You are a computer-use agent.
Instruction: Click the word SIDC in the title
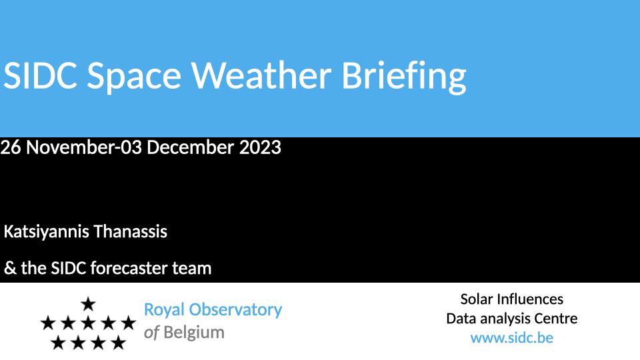click(x=40, y=75)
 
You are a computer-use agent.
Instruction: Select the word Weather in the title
click(x=261, y=75)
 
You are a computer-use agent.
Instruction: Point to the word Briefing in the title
click(x=404, y=77)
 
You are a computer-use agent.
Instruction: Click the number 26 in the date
click(x=11, y=147)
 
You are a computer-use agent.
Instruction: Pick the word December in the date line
click(x=190, y=147)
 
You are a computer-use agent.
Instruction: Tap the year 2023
click(x=260, y=147)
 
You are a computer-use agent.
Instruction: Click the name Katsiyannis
click(x=46, y=232)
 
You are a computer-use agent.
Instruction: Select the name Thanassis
click(x=130, y=231)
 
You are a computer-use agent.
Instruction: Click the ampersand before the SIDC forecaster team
click(x=10, y=268)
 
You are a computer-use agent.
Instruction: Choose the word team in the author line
click(x=191, y=269)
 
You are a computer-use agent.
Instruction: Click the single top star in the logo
click(x=88, y=304)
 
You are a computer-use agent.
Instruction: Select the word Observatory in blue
click(x=235, y=310)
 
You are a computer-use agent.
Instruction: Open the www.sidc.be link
click(x=512, y=338)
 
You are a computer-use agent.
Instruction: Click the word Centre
click(x=556, y=319)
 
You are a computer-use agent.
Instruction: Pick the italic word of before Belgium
click(x=151, y=333)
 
